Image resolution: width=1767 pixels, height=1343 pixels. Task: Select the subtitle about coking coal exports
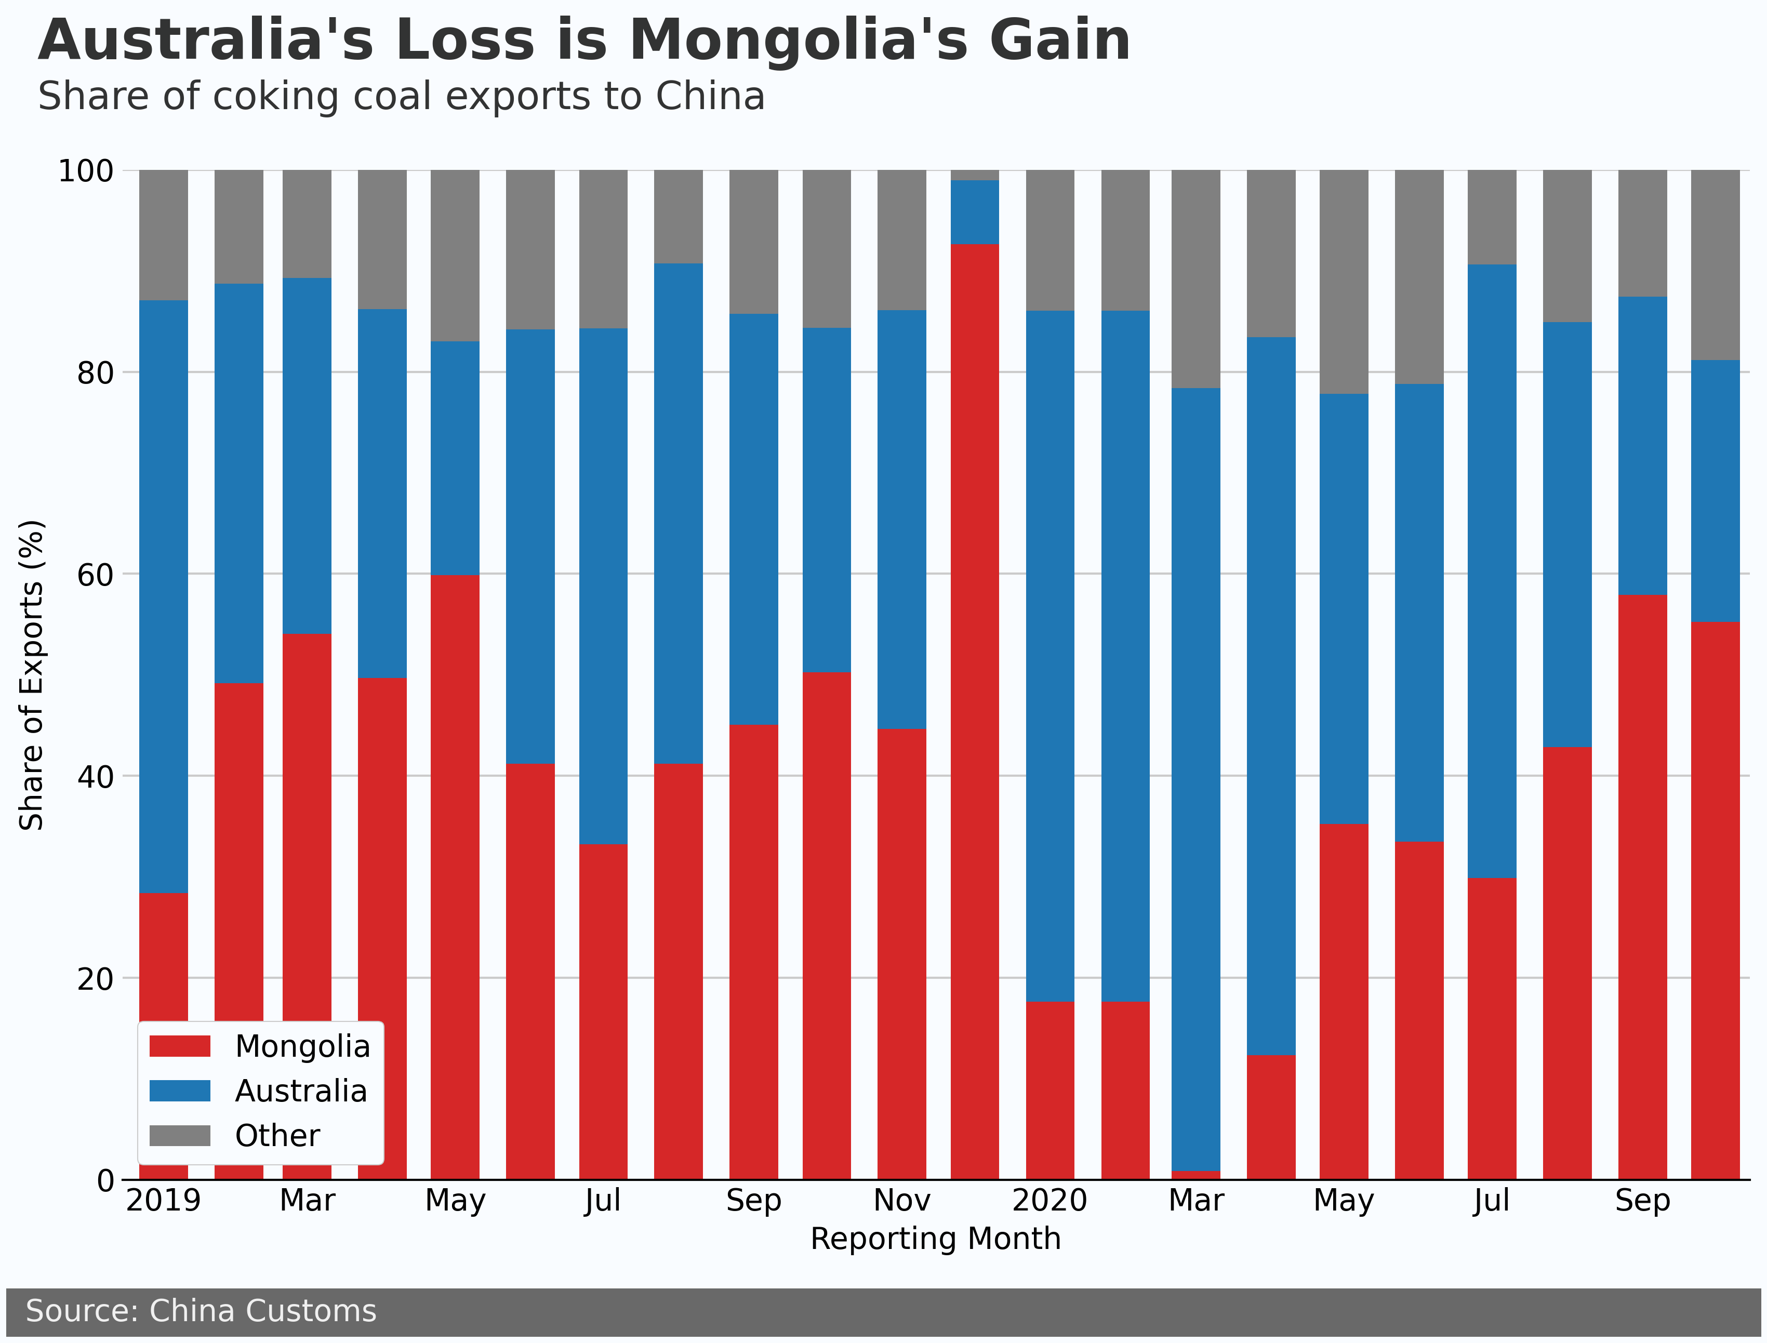tap(402, 97)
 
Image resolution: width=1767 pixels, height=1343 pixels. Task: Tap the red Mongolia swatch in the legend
tap(180, 1046)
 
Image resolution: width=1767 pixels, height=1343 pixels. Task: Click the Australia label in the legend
tap(301, 1091)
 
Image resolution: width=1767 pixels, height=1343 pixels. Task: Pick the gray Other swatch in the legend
tap(180, 1135)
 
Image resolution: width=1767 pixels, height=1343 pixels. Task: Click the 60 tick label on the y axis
tap(95, 574)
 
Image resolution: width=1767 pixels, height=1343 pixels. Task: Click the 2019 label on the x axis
tap(163, 1201)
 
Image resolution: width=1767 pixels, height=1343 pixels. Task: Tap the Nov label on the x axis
tap(902, 1201)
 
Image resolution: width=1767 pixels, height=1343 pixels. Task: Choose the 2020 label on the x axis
tap(1050, 1201)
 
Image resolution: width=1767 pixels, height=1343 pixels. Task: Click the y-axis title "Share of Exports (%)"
tap(32, 675)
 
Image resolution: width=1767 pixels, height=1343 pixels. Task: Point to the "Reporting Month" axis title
tap(936, 1239)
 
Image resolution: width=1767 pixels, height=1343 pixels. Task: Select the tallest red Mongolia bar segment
tap(975, 711)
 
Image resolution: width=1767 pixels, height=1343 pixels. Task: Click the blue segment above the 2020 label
tap(1050, 656)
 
